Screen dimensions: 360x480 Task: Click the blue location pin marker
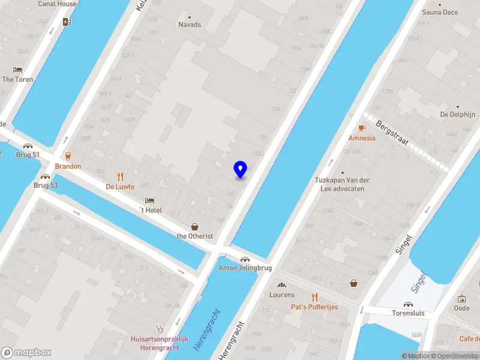(241, 170)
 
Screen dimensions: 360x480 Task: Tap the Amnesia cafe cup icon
(362, 128)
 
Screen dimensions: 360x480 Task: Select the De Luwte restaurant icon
(120, 176)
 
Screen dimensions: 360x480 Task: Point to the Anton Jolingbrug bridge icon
(245, 259)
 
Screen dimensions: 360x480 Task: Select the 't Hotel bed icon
(149, 200)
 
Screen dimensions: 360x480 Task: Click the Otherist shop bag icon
(194, 226)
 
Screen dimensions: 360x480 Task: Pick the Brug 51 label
(28, 155)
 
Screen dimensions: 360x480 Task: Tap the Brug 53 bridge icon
(46, 176)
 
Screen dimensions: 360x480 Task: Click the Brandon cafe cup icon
(67, 155)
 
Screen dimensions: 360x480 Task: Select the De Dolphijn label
(457, 114)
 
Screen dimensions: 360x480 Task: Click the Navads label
(190, 25)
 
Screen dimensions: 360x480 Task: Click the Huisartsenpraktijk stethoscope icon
(160, 328)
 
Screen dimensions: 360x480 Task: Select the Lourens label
(282, 295)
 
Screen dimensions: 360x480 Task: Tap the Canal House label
(57, 4)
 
